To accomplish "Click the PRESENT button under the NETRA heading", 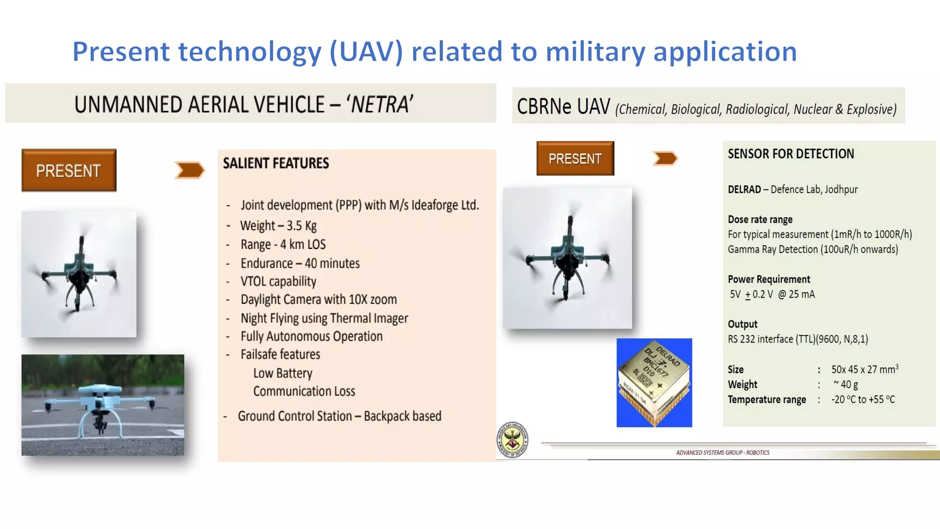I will coord(69,170).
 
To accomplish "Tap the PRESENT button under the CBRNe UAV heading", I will coord(575,158).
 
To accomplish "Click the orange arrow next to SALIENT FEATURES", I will coord(190,170).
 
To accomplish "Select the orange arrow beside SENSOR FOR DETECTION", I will coord(665,158).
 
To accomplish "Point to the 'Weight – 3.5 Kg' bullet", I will coord(278,225).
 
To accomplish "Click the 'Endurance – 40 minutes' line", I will coord(300,263).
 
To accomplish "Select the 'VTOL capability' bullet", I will coord(278,281).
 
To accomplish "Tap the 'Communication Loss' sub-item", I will coord(304,391).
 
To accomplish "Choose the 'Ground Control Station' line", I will coord(339,416).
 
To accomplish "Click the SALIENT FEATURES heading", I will coord(276,163).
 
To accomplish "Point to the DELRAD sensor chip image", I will coord(654,383).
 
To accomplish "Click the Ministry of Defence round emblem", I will coord(512,440).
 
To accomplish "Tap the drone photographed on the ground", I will coord(102,405).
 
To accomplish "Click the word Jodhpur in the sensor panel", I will coord(841,189).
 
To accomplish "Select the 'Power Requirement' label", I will coord(769,279).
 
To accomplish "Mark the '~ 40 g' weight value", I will coord(845,384).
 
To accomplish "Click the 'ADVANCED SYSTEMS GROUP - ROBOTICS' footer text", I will coord(722,453).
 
